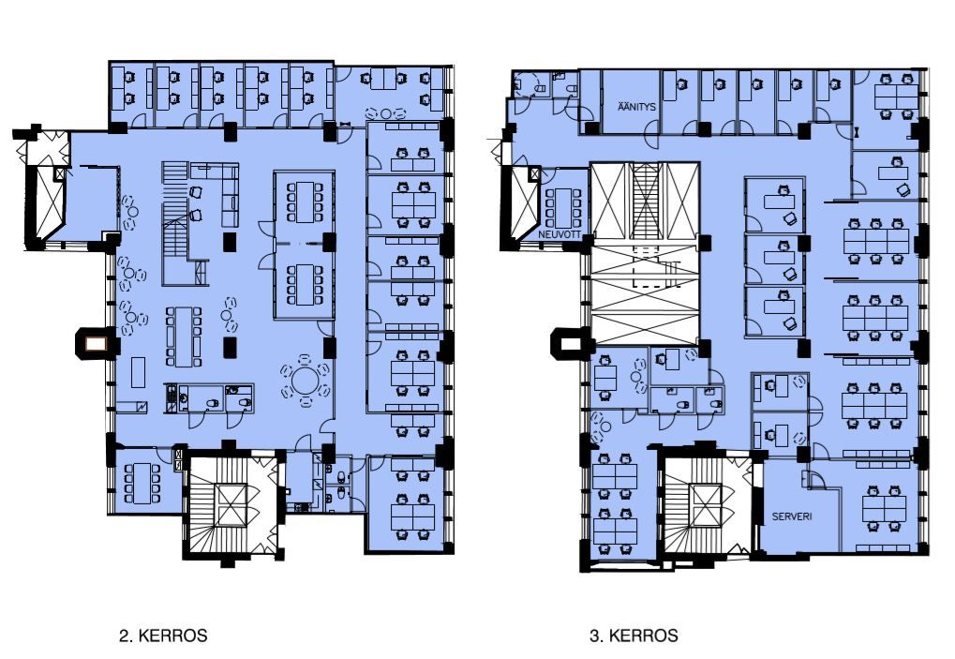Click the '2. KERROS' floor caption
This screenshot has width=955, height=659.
163,636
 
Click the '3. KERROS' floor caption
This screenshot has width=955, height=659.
634,636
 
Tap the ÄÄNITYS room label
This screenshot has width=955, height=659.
636,107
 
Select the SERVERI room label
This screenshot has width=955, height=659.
792,517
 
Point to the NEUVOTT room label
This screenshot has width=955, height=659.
560,233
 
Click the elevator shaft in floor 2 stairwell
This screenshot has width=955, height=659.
231,505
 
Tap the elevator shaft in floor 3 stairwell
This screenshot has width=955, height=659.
706,505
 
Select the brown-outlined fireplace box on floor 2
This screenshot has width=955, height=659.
95,344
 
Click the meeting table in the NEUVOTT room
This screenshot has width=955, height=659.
564,208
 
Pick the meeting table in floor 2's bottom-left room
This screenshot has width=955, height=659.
142,484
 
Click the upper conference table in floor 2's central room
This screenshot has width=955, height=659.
305,201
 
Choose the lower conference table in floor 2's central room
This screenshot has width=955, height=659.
305,284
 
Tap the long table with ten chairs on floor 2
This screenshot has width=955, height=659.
184,337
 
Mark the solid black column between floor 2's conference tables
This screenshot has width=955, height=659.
329,242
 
